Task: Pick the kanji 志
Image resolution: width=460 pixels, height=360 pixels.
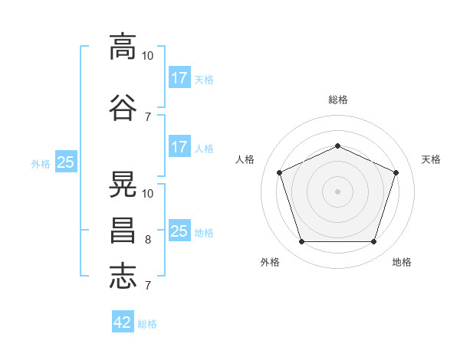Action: (x=123, y=276)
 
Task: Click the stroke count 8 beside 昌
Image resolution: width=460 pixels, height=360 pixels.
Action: (x=147, y=240)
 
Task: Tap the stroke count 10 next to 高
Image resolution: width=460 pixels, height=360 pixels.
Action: (x=148, y=56)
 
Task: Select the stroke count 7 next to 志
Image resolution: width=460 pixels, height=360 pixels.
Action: (x=147, y=286)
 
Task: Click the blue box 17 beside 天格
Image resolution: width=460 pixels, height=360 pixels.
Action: (x=179, y=77)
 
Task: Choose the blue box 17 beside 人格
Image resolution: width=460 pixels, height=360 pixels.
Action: (x=179, y=147)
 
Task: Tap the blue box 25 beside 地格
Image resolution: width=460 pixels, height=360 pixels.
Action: (x=179, y=231)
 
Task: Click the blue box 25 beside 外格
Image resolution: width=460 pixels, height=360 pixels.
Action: (x=66, y=162)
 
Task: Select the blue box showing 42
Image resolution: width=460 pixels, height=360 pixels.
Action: (x=123, y=322)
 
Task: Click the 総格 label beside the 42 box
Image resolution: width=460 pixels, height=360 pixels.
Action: (x=148, y=324)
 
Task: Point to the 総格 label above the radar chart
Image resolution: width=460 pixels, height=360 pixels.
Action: (x=338, y=100)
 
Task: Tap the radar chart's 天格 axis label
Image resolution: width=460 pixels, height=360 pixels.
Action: (x=432, y=159)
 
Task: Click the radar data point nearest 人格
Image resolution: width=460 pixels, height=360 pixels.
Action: (x=280, y=172)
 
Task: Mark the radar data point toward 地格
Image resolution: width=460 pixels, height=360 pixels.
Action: (x=373, y=242)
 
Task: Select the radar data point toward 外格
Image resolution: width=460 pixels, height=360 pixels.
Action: (x=301, y=242)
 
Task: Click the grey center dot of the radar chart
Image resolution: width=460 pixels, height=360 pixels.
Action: (x=337, y=191)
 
